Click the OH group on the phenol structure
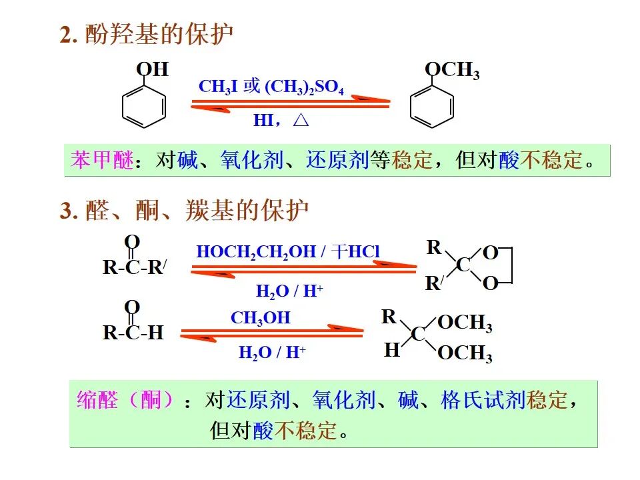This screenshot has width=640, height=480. point(152,69)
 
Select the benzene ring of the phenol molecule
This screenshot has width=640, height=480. point(144,105)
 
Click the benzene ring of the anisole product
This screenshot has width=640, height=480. point(431,107)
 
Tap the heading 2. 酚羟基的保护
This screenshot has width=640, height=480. point(147,35)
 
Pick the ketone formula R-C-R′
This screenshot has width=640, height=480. point(134,267)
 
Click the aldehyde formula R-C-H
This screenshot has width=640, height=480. point(133,332)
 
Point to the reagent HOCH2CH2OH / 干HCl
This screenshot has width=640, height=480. point(288,252)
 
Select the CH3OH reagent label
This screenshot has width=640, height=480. point(261,318)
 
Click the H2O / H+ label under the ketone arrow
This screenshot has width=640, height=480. point(289,291)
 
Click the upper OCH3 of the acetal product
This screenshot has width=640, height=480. point(465,323)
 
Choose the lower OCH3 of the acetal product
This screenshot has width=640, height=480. point(465,353)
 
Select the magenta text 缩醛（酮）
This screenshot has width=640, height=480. point(125,401)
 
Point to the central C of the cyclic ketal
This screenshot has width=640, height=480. point(463,265)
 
